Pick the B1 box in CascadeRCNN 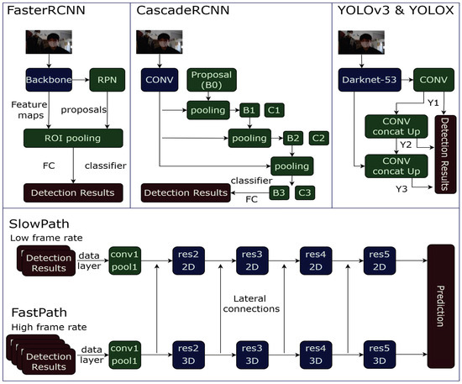click(249, 109)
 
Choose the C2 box click(319, 137)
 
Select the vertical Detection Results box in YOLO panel click(444, 150)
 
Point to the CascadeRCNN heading click(180, 12)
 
